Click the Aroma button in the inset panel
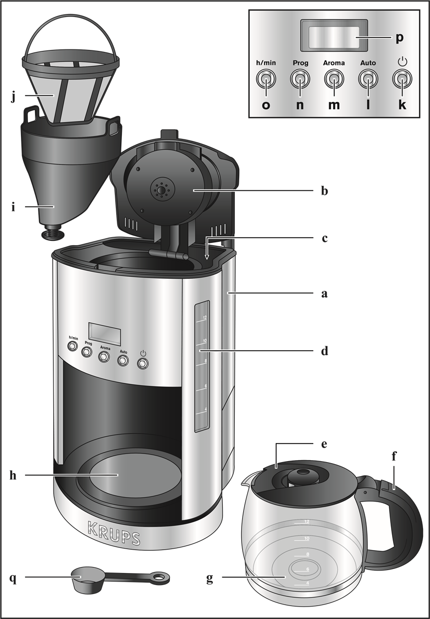(334, 78)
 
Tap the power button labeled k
(402, 78)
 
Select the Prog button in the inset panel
(300, 78)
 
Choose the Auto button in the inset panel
(368, 78)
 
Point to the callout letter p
(400, 38)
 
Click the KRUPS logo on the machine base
(114, 533)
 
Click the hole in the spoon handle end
(159, 578)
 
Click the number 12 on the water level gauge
(204, 317)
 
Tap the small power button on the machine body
(143, 364)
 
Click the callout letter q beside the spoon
(13, 578)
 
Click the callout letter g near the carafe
(210, 578)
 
